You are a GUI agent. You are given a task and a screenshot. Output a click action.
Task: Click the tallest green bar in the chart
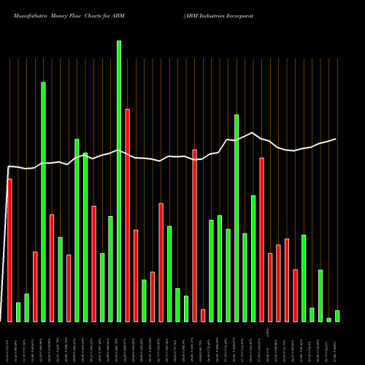click(119, 181)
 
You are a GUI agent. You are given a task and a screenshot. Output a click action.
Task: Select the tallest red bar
click(128, 215)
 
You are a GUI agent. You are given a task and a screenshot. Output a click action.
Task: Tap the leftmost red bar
click(9, 250)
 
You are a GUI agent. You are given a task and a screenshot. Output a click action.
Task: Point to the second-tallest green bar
click(43, 201)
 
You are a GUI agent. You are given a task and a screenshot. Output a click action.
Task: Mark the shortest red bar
click(203, 315)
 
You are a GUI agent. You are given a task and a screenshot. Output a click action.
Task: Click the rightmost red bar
click(296, 296)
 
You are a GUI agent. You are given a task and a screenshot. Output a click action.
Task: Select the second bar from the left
click(18, 312)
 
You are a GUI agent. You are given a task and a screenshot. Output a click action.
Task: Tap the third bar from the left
click(26, 308)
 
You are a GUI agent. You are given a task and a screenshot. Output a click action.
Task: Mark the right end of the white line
click(337, 139)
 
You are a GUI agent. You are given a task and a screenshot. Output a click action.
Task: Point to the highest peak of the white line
click(253, 133)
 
